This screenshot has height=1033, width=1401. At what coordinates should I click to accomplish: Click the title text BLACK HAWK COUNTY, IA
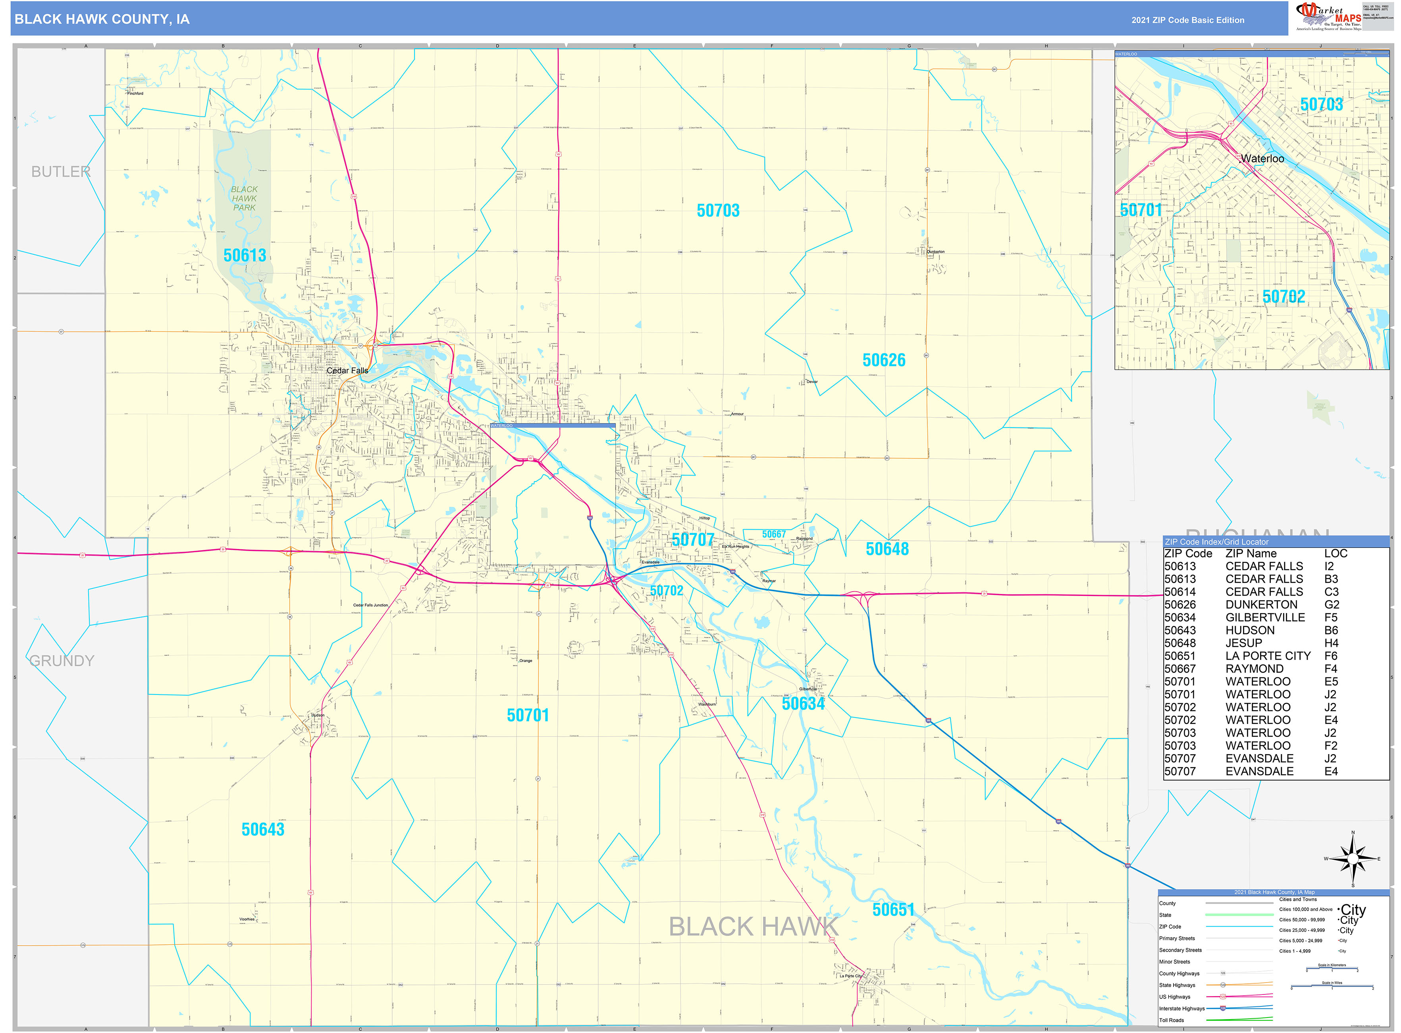click(102, 19)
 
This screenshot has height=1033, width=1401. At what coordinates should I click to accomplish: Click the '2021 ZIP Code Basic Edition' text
click(1187, 20)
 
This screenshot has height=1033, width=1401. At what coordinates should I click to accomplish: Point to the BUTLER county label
click(61, 171)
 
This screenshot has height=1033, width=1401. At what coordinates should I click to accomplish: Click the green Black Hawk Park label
click(244, 198)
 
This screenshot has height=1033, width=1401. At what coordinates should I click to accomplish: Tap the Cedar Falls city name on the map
click(347, 371)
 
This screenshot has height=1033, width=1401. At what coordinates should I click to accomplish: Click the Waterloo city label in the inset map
click(1262, 159)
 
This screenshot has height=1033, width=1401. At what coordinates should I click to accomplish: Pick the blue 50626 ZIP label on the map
click(884, 360)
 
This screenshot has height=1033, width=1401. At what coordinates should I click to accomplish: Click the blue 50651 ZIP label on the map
click(893, 910)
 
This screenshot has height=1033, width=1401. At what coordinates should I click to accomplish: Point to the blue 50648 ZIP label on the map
click(887, 549)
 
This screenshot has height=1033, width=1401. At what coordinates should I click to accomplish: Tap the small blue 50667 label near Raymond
click(774, 534)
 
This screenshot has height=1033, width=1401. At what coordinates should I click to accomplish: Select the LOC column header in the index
click(1335, 553)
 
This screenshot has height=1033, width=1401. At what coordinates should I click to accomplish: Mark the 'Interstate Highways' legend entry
click(1182, 1009)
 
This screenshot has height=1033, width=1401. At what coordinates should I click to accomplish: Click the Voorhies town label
click(247, 919)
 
